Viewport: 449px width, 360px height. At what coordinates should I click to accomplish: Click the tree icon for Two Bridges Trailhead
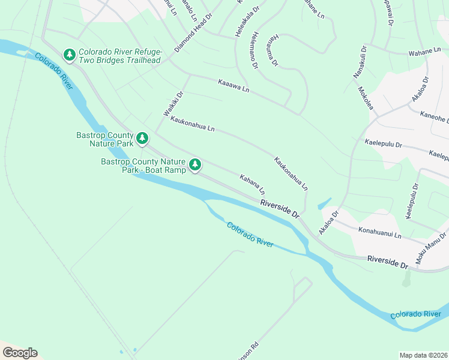coord(70,56)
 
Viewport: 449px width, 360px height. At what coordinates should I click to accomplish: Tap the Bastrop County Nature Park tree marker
coord(142,139)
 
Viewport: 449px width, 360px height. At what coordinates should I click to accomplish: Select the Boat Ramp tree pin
coord(195,164)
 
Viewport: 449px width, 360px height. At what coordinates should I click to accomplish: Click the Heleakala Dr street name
coord(246,23)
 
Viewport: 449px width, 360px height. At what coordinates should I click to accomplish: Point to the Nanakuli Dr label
coord(357,62)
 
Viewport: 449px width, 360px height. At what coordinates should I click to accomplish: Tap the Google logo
coord(20,353)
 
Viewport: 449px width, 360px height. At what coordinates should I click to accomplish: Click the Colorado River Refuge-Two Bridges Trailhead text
coord(120,56)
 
